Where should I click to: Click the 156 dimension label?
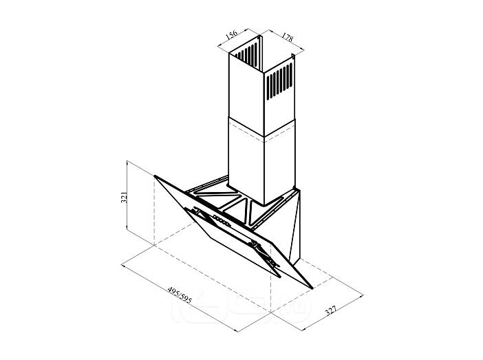click(232, 34)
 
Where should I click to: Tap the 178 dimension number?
click(287, 37)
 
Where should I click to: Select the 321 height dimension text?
click(124, 198)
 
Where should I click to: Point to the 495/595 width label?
click(180, 295)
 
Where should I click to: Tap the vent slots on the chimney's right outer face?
click(279, 81)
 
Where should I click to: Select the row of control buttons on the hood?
click(221, 221)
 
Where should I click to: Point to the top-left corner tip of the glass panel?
click(155, 176)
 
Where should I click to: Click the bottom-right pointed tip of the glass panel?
click(312, 289)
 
